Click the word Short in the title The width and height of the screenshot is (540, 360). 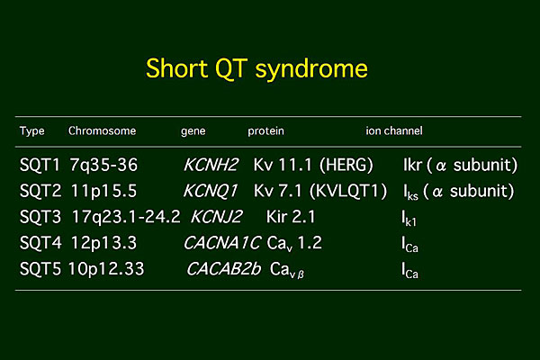176,68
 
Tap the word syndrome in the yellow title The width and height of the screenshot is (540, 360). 311,70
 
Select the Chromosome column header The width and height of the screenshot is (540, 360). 102,130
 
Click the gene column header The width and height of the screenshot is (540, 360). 193,131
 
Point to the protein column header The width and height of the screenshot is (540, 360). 265,131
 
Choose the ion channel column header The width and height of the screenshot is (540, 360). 394,130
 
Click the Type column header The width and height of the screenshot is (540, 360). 32,131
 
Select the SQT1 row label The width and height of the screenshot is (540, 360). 40,165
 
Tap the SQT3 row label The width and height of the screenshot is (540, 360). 40,217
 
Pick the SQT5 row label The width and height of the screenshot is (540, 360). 40,269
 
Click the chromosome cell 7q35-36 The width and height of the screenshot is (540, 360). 103,165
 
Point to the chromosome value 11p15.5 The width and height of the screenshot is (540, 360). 104,192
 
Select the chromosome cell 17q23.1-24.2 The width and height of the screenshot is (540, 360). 126,217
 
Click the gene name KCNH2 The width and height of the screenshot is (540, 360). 211,165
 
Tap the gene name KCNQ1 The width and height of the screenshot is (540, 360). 211,192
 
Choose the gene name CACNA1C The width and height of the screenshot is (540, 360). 222,243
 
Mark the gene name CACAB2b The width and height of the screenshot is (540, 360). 223,269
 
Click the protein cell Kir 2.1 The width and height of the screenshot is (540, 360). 291,217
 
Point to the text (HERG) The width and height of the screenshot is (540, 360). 346,165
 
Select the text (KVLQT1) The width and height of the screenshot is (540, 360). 348,192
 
